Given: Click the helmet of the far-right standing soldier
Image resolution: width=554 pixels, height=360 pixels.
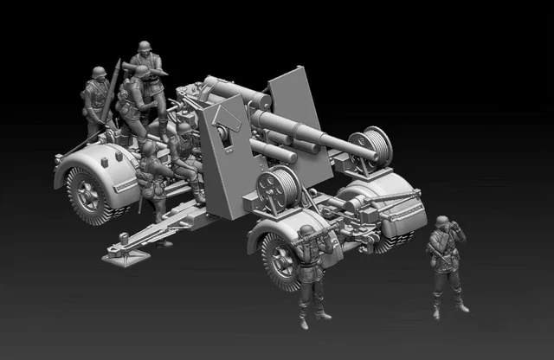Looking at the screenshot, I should pyautogui.click(x=442, y=222).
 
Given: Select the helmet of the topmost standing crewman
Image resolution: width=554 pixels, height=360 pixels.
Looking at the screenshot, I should pyautogui.click(x=145, y=47).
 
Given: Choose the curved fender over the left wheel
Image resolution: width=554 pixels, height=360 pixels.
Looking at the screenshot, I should pyautogui.click(x=91, y=160).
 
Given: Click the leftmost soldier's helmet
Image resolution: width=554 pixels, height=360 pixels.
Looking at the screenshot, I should pyautogui.click(x=99, y=73).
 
